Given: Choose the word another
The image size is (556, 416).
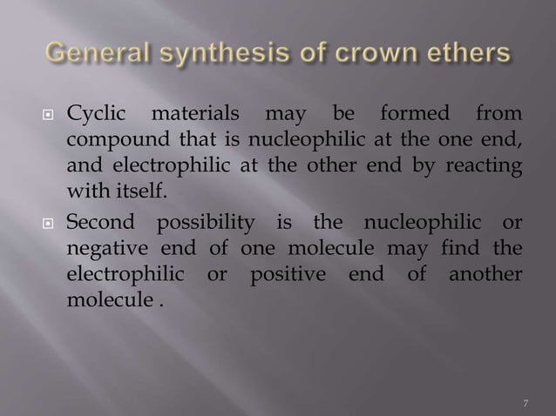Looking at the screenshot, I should coord(485,273).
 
